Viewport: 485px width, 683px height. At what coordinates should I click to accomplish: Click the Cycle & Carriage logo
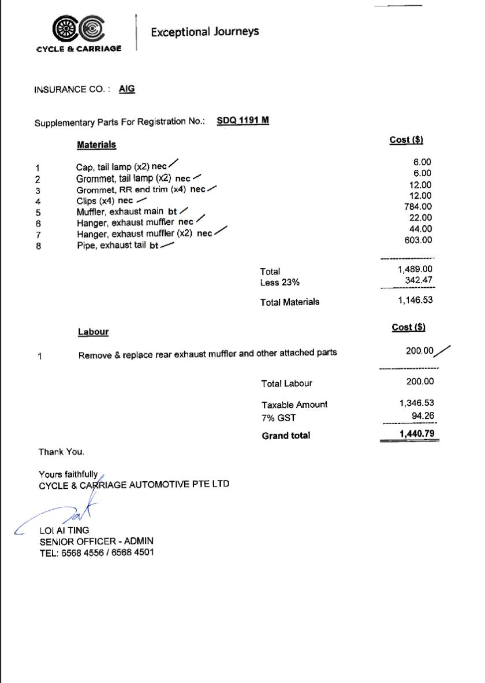coord(79,34)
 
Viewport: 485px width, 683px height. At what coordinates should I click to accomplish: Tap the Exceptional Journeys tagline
coord(204,32)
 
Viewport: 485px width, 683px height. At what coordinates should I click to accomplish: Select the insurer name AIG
coord(127,89)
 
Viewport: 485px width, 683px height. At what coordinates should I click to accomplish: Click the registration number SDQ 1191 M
coord(242,121)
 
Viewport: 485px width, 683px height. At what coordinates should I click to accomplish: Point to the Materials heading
coord(96,144)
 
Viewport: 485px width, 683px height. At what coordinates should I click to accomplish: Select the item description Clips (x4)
coord(96,201)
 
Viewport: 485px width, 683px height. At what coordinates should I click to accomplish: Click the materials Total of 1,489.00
coord(415,269)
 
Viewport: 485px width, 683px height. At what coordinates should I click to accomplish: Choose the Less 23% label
coord(280,283)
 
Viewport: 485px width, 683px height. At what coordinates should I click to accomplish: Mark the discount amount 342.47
coord(419,280)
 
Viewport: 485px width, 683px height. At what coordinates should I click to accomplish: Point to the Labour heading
coord(94,332)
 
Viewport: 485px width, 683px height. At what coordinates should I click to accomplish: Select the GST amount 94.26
coord(423,415)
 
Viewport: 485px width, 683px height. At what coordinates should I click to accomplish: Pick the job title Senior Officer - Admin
coord(96,541)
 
